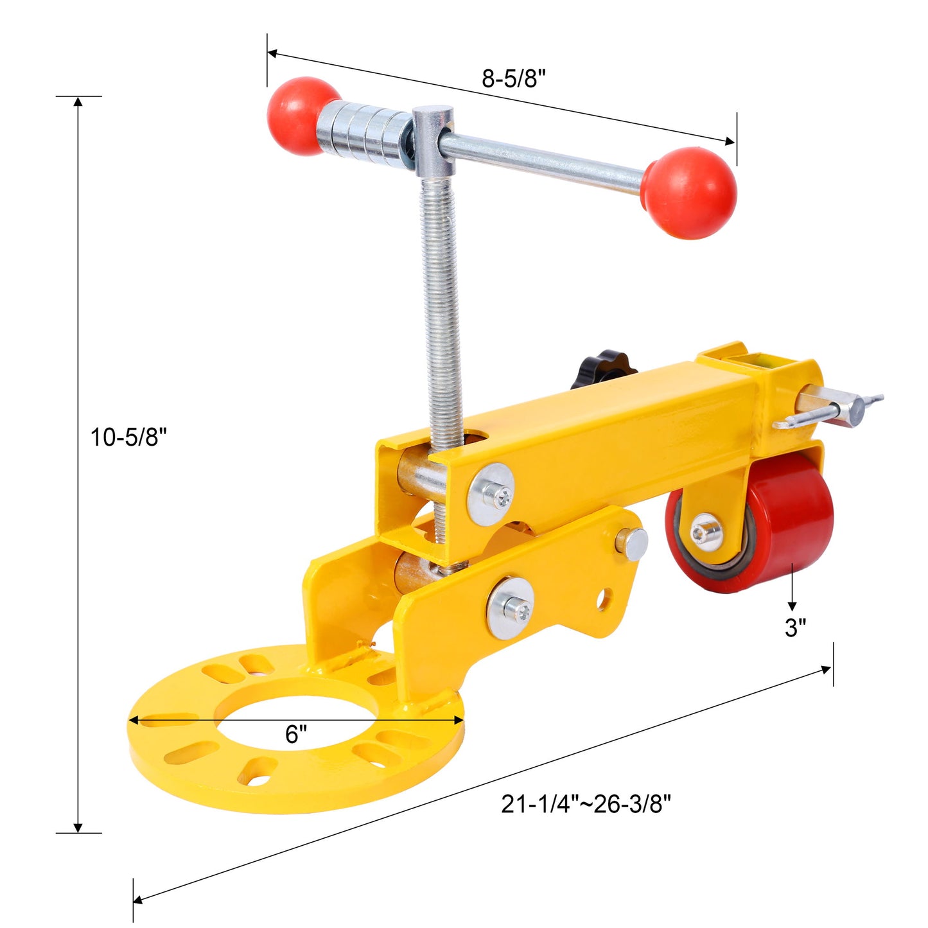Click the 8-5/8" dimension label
click(514, 78)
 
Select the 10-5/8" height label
click(128, 437)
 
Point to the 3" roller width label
click(795, 627)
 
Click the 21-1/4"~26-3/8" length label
click(586, 803)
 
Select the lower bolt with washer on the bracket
click(510, 608)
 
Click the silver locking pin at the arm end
click(835, 412)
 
